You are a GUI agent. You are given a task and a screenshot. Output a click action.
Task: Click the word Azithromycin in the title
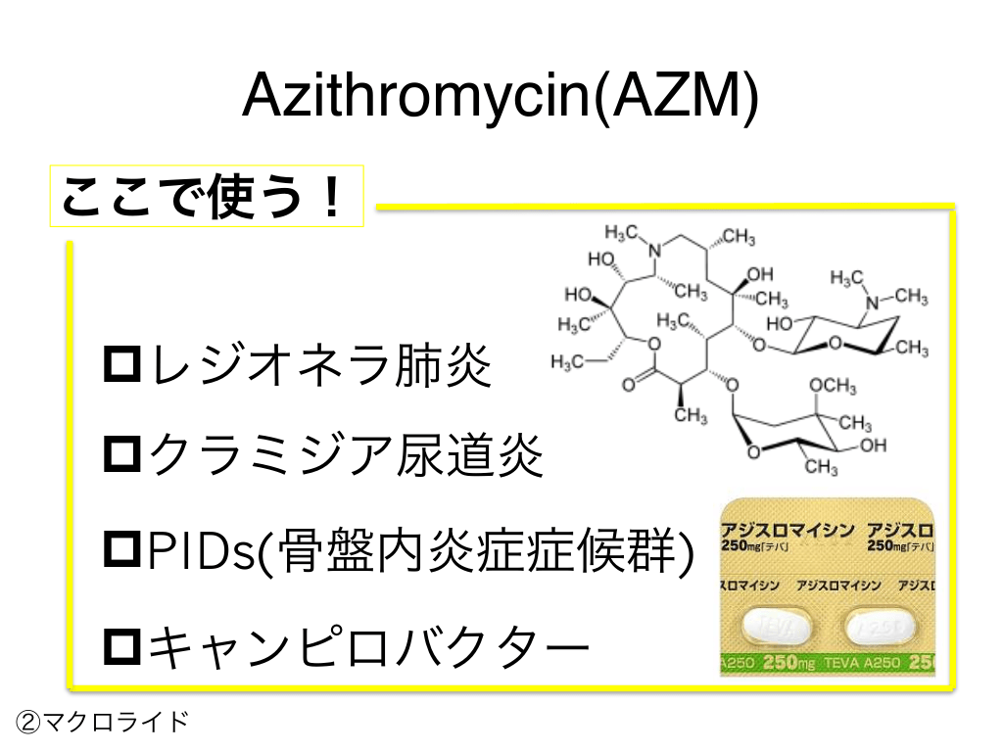pyautogui.click(x=416, y=96)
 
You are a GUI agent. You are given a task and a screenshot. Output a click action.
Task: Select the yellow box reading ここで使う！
pyautogui.click(x=207, y=197)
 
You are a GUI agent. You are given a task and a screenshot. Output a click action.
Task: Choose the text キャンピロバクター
pyautogui.click(x=366, y=645)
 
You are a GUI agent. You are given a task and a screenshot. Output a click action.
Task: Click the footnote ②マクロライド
pyautogui.click(x=102, y=723)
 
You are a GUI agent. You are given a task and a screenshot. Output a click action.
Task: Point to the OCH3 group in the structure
pyautogui.click(x=833, y=389)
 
